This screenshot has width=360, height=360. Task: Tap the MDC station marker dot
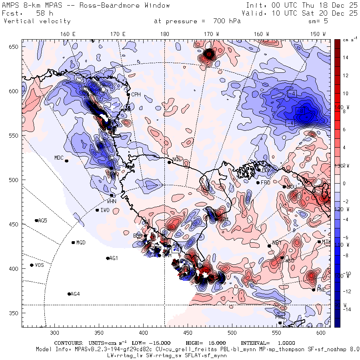point(66,161)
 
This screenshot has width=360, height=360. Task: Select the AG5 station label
point(42,220)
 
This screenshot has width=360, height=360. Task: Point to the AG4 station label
point(75,294)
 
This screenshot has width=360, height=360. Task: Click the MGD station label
point(81,243)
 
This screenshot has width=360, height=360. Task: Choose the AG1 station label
point(114,258)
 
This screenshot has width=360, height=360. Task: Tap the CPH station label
point(136,95)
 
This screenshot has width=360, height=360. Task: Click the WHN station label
point(112,201)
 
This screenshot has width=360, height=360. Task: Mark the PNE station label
point(321,290)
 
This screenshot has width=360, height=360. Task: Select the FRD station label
point(266,183)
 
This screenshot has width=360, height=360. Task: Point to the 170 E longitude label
point(118,34)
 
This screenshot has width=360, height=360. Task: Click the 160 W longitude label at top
point(261,34)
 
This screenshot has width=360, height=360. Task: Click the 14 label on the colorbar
point(345,58)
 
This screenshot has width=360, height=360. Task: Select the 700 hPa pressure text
point(228,21)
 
